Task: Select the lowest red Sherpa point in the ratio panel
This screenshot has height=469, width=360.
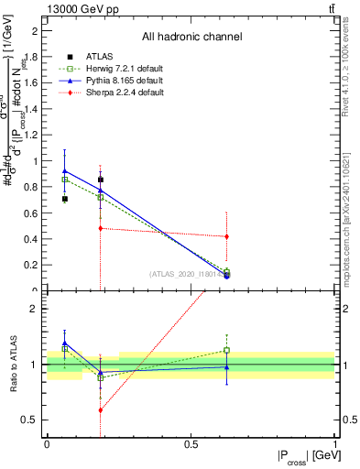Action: (100, 409)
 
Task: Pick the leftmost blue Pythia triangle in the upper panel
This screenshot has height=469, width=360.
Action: (64, 170)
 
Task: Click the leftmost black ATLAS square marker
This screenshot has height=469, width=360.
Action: (64, 199)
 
